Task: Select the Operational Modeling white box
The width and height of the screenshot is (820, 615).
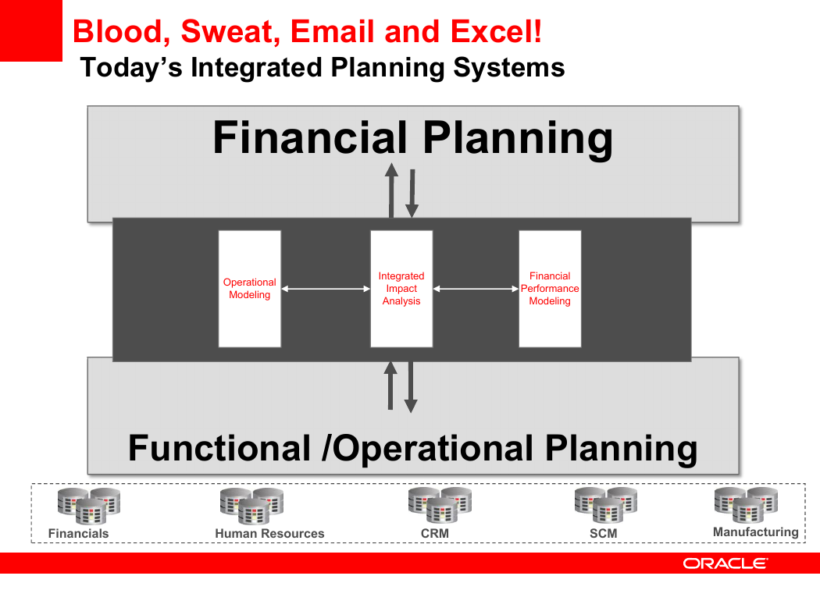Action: [249, 289]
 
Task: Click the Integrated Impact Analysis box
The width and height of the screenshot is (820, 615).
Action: [401, 289]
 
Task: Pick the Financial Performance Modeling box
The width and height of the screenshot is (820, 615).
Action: [550, 289]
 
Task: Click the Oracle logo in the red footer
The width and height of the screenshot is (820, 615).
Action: [726, 563]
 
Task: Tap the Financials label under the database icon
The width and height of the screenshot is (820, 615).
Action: [78, 534]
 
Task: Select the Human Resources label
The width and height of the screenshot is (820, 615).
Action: [270, 534]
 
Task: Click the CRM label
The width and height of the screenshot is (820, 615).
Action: [435, 534]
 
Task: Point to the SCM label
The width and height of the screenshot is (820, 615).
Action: [604, 534]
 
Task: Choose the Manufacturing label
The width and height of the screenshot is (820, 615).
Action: [756, 532]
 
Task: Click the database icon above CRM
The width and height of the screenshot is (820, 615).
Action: [440, 505]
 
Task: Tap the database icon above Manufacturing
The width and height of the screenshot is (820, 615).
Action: [747, 505]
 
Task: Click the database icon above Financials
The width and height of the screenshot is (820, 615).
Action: [89, 506]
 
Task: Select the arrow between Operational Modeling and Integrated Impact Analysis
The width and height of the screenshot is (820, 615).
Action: [326, 289]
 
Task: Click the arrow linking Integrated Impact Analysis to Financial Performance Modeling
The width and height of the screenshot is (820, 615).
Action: [476, 289]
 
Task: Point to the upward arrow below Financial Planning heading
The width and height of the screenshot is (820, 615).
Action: [391, 190]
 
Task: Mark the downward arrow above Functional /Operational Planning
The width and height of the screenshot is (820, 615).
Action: [411, 387]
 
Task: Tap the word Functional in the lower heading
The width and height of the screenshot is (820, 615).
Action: [219, 448]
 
